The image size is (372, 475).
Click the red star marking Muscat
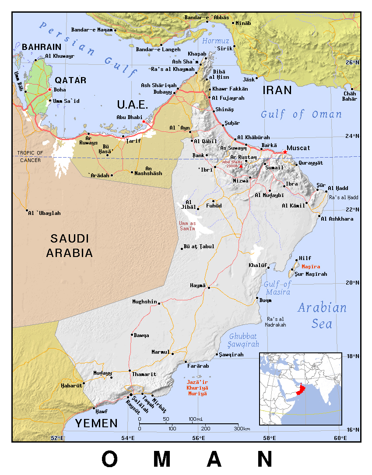285,152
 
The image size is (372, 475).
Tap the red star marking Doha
49,90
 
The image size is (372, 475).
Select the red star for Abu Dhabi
144,121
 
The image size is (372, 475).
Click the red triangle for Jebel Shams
241,166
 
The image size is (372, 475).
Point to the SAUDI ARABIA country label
70,246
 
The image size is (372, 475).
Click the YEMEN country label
96,423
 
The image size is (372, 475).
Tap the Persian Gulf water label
88,48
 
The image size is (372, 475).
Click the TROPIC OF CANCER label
30,156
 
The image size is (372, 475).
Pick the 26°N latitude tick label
352,63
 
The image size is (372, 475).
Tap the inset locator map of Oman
300,389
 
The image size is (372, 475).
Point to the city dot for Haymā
209,288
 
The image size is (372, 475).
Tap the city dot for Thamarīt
130,371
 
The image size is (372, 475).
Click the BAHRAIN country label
42,47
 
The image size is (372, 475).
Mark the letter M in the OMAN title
161,459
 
